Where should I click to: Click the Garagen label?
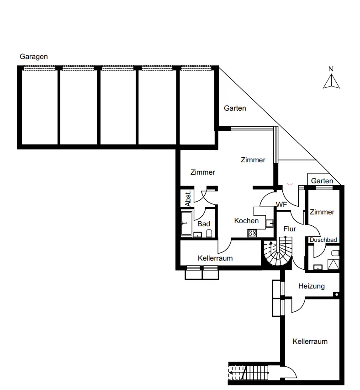(34, 57)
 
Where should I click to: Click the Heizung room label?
(312, 286)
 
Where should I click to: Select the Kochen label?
(246, 221)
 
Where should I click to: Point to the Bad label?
(204, 224)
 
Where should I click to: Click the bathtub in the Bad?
(186, 224)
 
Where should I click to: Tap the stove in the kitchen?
(253, 233)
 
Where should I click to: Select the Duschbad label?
(323, 240)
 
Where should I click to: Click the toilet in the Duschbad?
(335, 253)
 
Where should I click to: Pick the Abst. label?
(188, 198)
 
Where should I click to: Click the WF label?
(281, 205)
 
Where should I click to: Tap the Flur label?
(290, 229)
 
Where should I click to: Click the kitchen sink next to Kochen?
(270, 223)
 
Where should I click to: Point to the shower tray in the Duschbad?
(334, 265)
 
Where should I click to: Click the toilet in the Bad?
(209, 233)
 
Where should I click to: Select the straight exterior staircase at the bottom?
(249, 373)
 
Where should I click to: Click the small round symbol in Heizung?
(337, 294)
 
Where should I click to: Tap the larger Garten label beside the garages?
(235, 108)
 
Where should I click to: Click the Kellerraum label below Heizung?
(310, 341)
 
